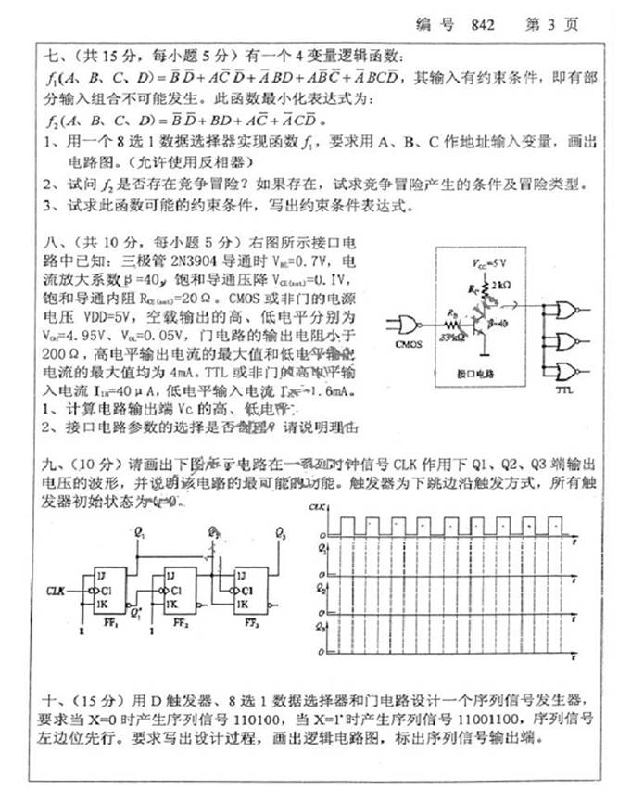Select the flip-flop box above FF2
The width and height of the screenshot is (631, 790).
click(184, 590)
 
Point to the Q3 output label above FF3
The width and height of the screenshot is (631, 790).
click(280, 533)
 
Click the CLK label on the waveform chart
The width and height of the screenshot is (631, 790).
click(317, 507)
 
